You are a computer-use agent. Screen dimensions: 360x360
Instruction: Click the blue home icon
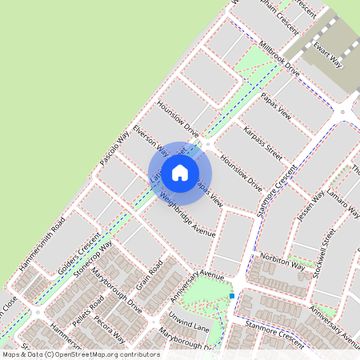pyautogui.click(x=180, y=172)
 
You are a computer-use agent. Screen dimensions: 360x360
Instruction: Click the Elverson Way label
pyautogui.click(x=150, y=138)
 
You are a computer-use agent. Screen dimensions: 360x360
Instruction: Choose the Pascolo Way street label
pyautogui.click(x=114, y=149)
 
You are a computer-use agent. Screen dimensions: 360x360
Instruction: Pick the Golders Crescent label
pyautogui.click(x=80, y=255)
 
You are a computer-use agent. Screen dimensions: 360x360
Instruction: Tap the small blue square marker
pyautogui.click(x=232, y=296)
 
